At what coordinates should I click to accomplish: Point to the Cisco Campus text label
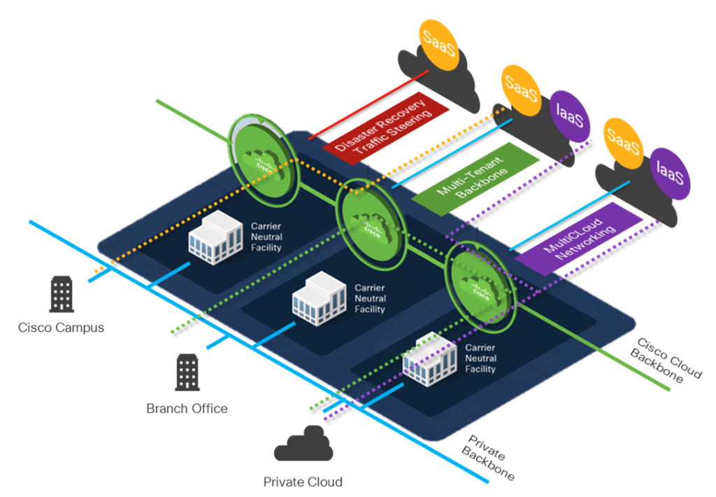[62, 327]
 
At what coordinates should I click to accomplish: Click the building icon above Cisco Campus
[62, 293]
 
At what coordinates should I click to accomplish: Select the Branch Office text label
[187, 408]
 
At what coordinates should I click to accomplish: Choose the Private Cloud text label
[303, 482]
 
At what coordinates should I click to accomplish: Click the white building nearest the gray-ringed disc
[214, 240]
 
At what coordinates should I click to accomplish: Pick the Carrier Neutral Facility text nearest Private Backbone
[480, 358]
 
